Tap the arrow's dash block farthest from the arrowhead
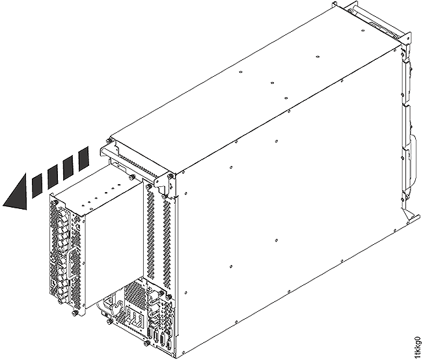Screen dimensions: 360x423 pos(83,158)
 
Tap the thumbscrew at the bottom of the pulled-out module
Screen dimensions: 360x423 pos(77,312)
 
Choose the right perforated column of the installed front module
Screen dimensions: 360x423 pos(167,241)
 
